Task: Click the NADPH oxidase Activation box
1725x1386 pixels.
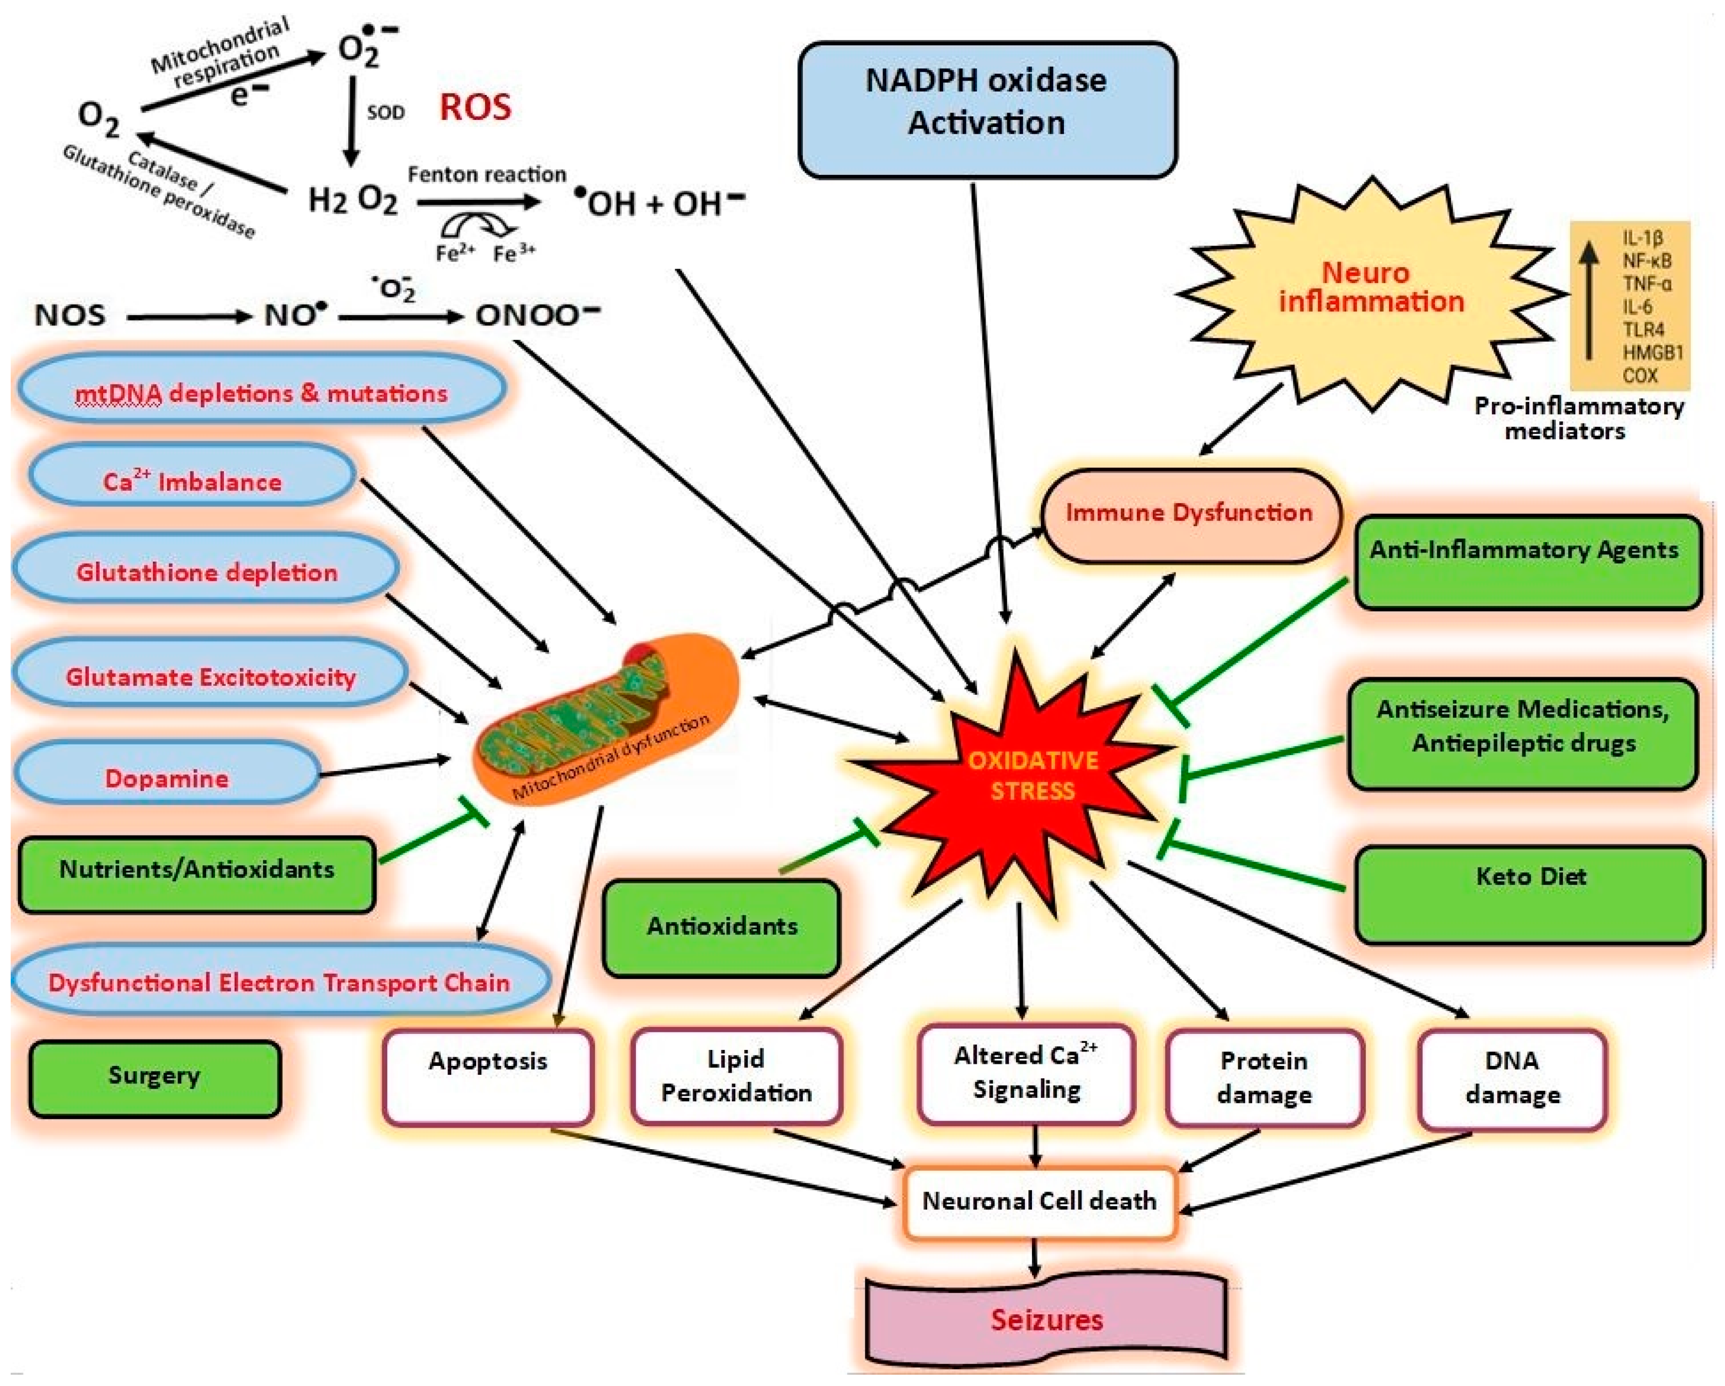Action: pos(987,110)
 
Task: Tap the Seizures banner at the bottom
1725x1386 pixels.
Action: pos(1047,1319)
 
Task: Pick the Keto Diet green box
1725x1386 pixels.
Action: pos(1530,894)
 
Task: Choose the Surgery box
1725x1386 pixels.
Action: pos(155,1077)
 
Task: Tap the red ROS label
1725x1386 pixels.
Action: pos(475,107)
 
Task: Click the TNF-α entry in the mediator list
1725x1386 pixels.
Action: pos(1646,284)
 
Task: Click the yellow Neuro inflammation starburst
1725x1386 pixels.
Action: pos(1371,293)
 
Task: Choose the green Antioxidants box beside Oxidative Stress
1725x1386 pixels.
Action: pos(722,928)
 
